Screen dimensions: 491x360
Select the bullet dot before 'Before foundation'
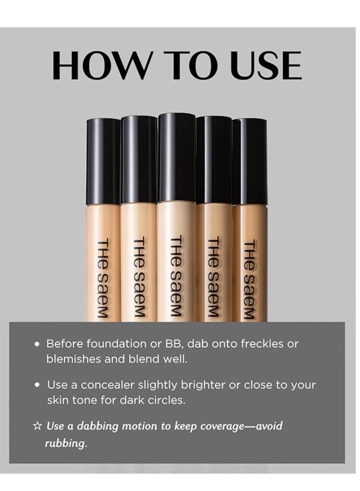37,344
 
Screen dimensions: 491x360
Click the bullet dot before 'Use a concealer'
37,385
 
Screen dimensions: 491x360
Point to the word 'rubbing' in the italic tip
64,443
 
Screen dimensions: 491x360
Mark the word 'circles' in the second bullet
167,399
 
